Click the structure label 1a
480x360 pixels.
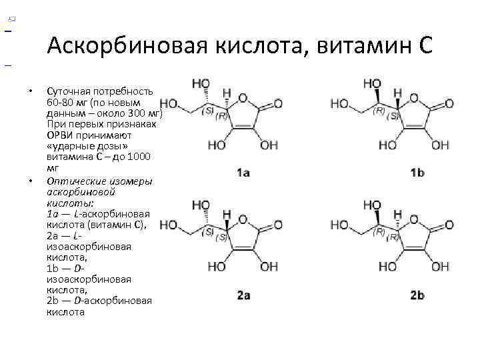click(x=243, y=173)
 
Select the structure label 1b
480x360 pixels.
click(x=417, y=173)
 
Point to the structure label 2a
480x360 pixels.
click(x=243, y=295)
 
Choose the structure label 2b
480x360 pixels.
click(x=417, y=295)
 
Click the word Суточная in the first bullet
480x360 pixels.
click(x=69, y=91)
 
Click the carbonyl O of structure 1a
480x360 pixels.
click(x=278, y=103)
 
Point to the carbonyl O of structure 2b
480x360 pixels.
click(x=449, y=226)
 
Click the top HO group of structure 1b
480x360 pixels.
click(x=371, y=83)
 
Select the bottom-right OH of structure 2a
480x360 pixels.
click(x=269, y=267)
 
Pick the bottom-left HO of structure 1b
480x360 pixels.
click(x=387, y=145)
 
